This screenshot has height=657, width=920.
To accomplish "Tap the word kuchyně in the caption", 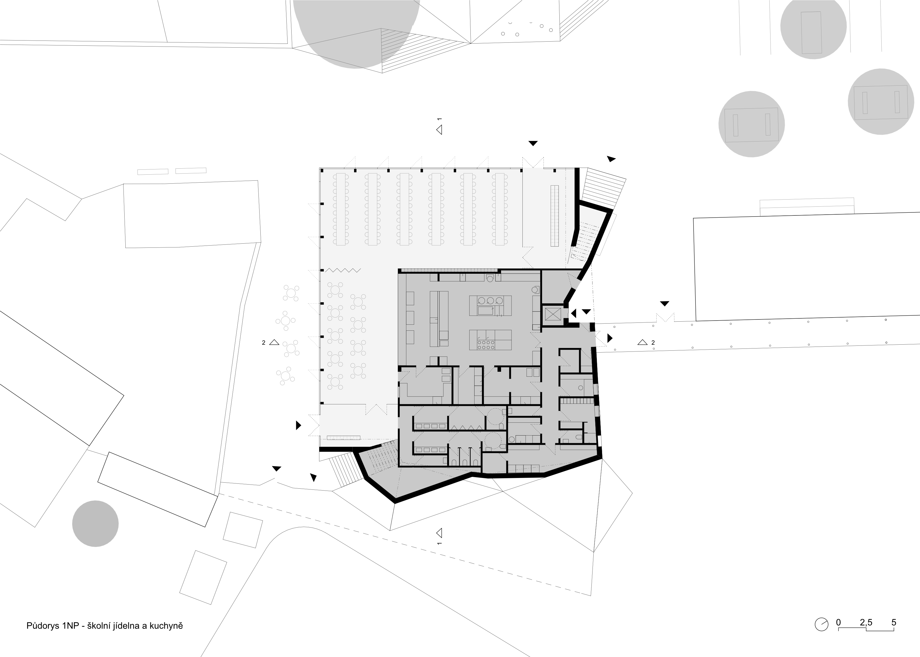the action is [x=166, y=626].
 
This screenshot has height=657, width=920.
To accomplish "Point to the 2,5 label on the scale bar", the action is [x=866, y=622].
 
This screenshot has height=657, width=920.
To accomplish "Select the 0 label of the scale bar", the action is [x=839, y=622].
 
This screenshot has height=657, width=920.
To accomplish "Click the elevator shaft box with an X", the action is [x=552, y=314].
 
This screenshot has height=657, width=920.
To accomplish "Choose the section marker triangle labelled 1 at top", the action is [x=439, y=130].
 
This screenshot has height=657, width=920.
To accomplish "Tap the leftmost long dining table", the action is [x=340, y=209].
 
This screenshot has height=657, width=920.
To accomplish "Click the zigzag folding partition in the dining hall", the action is [x=343, y=270].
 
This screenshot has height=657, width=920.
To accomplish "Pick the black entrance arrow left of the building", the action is [x=298, y=425].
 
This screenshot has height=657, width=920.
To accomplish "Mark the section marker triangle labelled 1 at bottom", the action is [x=439, y=532].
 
